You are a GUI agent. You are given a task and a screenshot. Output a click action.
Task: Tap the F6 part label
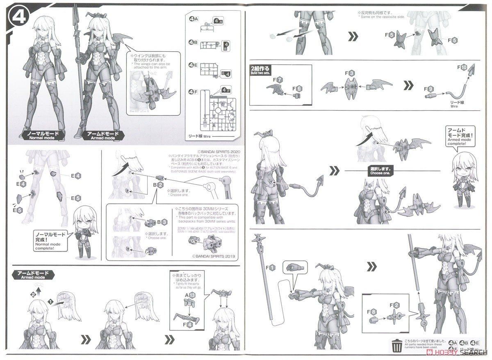pyautogui.click(x=297, y=88)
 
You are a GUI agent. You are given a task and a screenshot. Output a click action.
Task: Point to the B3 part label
pyautogui.click(x=162, y=222)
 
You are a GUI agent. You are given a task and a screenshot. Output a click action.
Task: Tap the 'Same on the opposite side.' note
pyautogui.click(x=381, y=14)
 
